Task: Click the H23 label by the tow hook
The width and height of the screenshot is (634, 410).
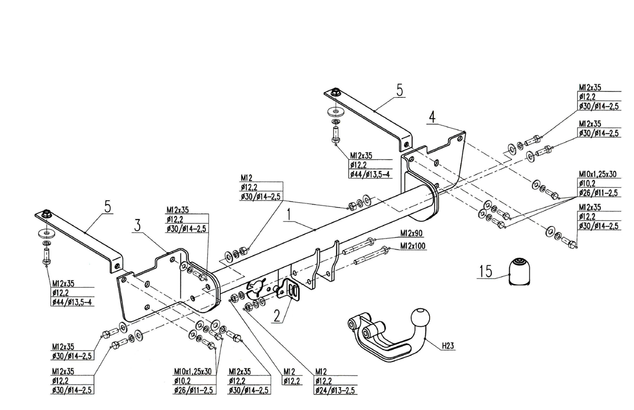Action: [x=448, y=346]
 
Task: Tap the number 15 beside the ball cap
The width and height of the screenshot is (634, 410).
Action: [x=486, y=271]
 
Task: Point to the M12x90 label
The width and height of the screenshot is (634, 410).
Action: [x=411, y=233]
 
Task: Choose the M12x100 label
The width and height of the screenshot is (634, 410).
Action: [x=413, y=246]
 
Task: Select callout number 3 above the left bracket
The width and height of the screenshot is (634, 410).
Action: [x=138, y=225]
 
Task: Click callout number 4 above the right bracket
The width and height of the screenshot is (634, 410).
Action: [x=432, y=117]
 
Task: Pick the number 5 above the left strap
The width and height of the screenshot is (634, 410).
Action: [x=107, y=206]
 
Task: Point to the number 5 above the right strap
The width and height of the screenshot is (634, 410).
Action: [x=400, y=90]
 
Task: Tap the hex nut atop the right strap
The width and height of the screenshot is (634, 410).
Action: [x=335, y=92]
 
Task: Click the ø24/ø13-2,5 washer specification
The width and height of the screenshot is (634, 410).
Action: [x=336, y=391]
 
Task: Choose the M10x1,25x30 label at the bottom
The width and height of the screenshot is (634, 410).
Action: [x=193, y=372]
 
